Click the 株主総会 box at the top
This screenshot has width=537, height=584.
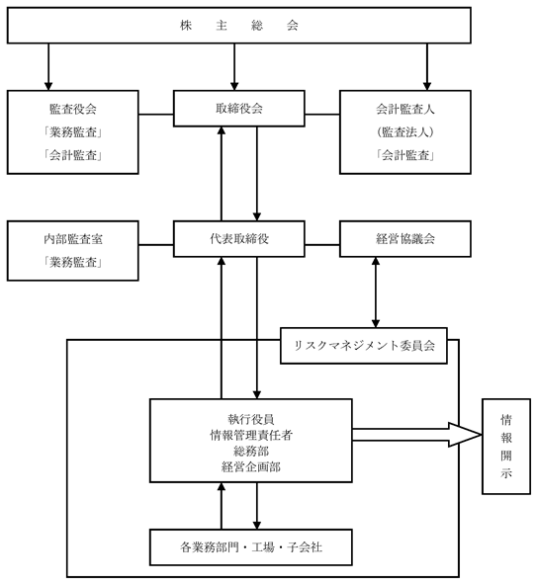[x=239, y=26]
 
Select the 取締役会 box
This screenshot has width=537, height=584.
[x=239, y=109]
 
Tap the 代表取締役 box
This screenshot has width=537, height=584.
[x=239, y=239]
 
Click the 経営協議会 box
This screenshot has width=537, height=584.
[x=405, y=239]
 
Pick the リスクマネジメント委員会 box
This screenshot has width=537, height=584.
[x=364, y=346]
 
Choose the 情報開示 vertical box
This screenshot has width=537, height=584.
[x=506, y=447]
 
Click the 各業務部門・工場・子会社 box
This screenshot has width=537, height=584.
[x=251, y=547]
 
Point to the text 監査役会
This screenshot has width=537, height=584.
[x=73, y=109]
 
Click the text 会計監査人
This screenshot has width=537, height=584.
[x=405, y=109]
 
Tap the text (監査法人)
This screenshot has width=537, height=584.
[x=405, y=131]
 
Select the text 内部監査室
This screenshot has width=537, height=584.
[x=73, y=239]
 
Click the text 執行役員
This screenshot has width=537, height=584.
[x=251, y=419]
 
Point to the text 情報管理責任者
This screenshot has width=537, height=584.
[x=251, y=435]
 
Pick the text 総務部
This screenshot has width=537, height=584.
[x=251, y=451]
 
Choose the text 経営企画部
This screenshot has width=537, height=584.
[x=251, y=466]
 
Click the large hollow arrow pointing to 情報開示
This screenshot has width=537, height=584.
[x=416, y=435]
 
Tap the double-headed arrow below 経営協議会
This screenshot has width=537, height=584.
[x=376, y=292]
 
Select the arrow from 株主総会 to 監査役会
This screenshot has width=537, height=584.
[x=48, y=67]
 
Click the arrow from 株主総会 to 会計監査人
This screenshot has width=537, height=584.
[x=427, y=67]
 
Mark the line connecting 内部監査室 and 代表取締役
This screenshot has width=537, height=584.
[x=156, y=245]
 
